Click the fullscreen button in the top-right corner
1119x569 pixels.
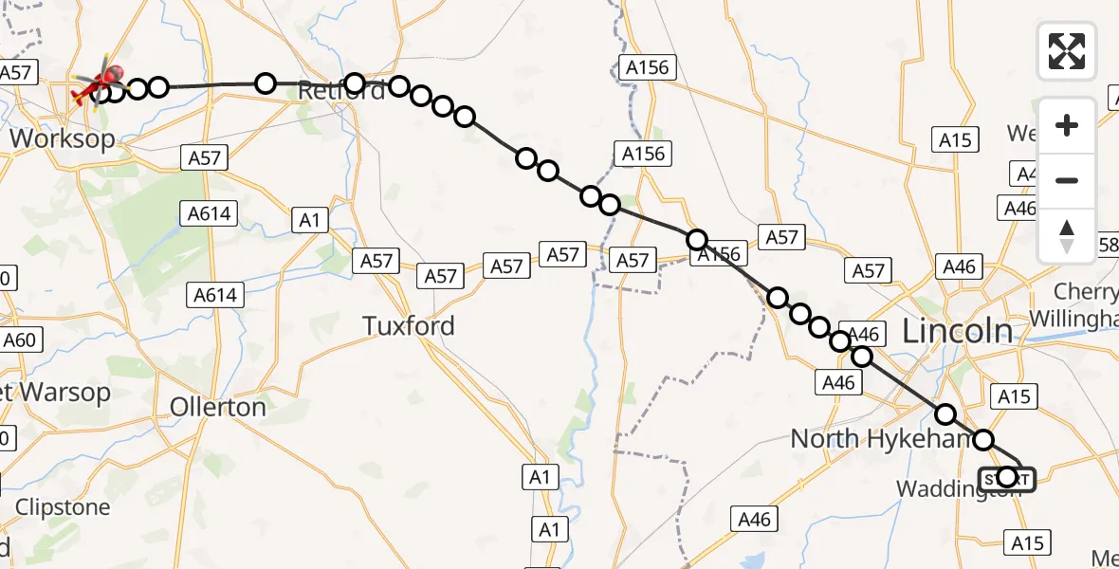point(1067,51)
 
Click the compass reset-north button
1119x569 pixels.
point(1067,235)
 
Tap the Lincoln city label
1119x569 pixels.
point(957,331)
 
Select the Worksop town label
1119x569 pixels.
point(63,138)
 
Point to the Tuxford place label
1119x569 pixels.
point(409,326)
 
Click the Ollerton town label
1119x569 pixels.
point(218,407)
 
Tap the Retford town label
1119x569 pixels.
point(341,91)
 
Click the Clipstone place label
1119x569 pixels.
point(63,507)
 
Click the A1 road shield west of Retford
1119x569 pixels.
point(309,221)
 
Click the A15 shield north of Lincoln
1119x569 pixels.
point(956,140)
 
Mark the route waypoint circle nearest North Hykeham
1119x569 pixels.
point(945,414)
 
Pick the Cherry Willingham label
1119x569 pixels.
point(1086,304)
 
